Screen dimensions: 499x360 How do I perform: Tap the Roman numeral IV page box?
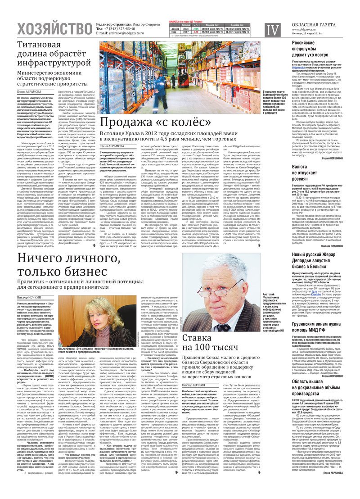click(x=271, y=30)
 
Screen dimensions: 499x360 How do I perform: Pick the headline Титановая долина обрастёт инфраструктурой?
click(x=54, y=54)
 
